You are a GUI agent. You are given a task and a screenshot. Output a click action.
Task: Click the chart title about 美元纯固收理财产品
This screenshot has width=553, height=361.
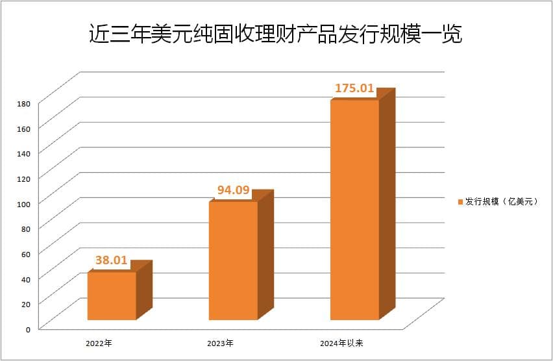(275, 34)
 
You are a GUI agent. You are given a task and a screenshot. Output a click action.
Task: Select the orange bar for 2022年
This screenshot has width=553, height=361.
(112, 296)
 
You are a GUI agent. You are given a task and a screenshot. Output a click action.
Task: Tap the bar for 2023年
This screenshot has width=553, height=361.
(233, 260)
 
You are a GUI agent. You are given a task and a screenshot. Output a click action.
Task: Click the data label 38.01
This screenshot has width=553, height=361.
(111, 260)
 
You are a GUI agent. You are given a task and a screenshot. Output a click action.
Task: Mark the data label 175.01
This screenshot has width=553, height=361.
(354, 88)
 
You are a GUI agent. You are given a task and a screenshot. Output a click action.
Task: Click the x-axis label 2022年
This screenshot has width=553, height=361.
(99, 342)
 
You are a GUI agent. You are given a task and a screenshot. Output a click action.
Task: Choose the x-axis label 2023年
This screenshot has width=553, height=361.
(220, 342)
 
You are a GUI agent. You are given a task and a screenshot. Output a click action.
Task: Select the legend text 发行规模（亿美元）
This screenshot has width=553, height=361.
(501, 202)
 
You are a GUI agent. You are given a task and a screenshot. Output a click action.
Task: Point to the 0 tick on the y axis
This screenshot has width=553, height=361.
(28, 329)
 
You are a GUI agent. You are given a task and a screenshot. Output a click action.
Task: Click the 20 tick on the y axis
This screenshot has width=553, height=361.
(26, 304)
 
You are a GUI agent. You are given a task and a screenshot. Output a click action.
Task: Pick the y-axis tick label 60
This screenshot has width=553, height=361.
(26, 253)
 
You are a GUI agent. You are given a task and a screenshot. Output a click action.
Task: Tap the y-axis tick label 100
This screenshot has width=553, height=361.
(25, 203)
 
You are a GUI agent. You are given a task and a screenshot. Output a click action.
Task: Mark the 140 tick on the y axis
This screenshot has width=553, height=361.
(25, 153)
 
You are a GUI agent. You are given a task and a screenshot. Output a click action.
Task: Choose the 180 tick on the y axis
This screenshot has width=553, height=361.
(25, 103)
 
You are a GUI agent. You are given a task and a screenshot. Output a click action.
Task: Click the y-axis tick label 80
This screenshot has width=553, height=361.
(26, 229)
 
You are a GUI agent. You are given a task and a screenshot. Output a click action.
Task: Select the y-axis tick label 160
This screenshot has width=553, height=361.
(25, 129)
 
